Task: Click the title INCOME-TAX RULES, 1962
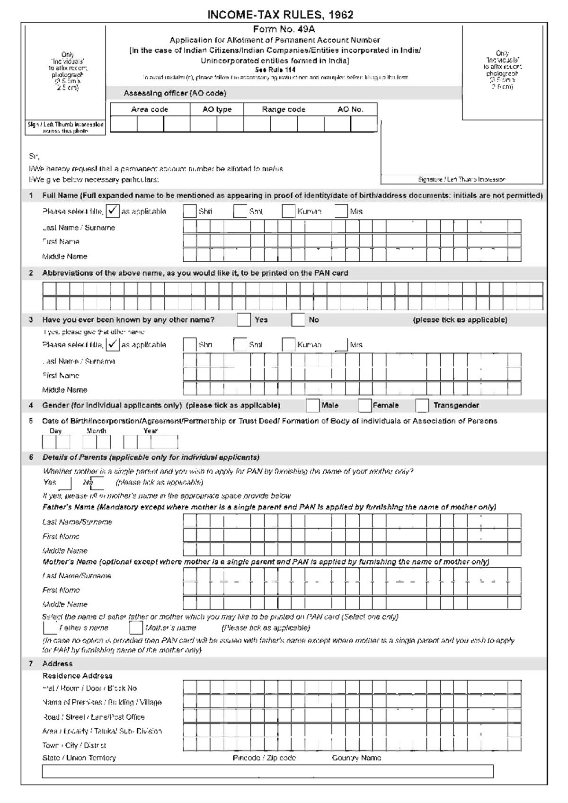pyautogui.click(x=280, y=15)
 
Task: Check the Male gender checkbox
pyautogui.click(x=312, y=406)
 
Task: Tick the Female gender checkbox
pyautogui.click(x=364, y=406)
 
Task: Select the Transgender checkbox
pyautogui.click(x=422, y=406)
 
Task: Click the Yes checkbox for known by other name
pyautogui.click(x=244, y=320)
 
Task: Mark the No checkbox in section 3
pyautogui.click(x=298, y=320)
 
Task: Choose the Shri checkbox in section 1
pyautogui.click(x=189, y=212)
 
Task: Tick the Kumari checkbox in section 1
pyautogui.click(x=288, y=212)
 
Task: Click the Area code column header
pyautogui.click(x=150, y=109)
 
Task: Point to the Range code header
pyautogui.click(x=284, y=109)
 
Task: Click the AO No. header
pyautogui.click(x=350, y=109)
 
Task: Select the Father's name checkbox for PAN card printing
pyautogui.click(x=50, y=628)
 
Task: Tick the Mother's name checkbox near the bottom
pyautogui.click(x=136, y=628)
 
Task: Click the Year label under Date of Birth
pyautogui.click(x=151, y=431)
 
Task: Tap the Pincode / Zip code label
pyautogui.click(x=264, y=758)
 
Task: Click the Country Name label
pyautogui.click(x=356, y=758)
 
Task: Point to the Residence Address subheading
pyautogui.click(x=77, y=676)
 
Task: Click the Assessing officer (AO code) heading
pyautogui.click(x=175, y=93)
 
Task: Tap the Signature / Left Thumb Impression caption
pyautogui.click(x=461, y=179)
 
